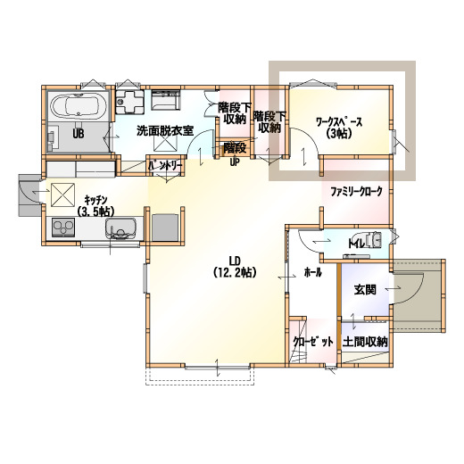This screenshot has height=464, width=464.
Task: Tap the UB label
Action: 79,134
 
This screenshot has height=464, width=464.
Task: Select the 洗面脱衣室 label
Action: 165,130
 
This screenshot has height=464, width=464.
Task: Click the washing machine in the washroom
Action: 129,102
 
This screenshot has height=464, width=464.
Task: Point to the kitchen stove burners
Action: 63,228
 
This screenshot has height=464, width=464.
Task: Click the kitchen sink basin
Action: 120,228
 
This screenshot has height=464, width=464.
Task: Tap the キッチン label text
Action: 95,199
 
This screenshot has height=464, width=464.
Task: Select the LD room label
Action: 235,261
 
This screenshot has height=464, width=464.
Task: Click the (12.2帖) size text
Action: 235,272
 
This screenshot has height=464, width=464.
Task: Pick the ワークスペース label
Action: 339,122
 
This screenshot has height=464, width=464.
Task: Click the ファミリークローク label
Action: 356,192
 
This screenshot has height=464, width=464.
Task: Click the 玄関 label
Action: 365,290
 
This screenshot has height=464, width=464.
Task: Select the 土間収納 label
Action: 365,342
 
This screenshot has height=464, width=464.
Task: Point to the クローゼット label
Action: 313,342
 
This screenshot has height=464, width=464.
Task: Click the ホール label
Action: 312,272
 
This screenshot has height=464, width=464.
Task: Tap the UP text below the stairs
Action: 235,162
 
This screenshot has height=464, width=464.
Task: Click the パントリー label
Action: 165,166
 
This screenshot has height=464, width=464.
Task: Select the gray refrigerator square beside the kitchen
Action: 165,227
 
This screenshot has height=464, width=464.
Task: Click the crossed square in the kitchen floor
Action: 62,195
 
